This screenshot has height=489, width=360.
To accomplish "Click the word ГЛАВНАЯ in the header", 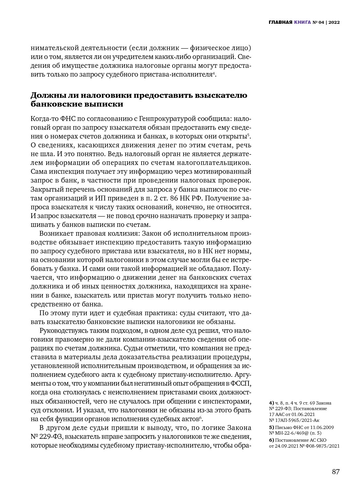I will coord(280,22).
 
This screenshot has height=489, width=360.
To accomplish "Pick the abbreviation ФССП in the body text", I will coord(242,383).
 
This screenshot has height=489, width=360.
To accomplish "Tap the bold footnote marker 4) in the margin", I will coord(271,403).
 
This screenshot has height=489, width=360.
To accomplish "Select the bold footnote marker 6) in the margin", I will coord(271,440).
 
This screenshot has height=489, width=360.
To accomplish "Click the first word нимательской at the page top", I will coord(54,48).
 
